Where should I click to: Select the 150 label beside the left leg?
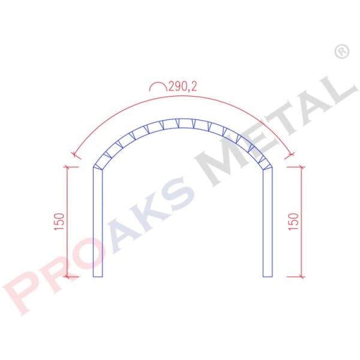[58, 222]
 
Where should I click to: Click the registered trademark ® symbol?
[341, 52]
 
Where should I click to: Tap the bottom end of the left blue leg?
[98, 276]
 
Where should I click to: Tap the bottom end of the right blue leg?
[268, 276]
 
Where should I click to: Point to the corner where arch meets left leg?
[94, 167]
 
